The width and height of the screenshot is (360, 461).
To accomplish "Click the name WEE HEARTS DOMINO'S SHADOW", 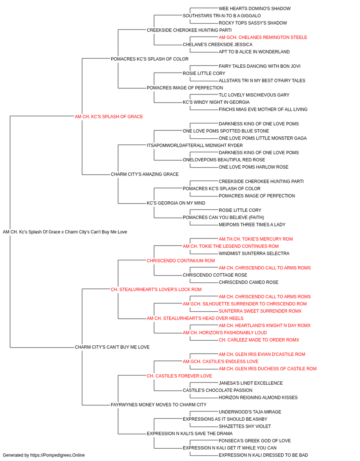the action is [254, 8].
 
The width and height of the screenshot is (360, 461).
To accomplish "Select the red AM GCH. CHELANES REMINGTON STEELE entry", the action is [263, 37].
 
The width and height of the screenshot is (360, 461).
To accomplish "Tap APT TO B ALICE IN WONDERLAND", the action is [254, 52].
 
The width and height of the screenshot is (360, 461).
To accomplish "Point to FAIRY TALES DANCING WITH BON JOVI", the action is [259, 66].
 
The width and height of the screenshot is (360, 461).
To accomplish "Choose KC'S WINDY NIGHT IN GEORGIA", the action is [216, 102].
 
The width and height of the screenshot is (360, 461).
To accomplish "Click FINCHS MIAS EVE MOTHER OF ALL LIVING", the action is [263, 109].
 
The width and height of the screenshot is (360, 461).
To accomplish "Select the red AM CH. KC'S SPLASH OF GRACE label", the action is [109, 117].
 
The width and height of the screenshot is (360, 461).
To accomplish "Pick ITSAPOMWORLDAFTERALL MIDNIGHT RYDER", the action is [195, 146].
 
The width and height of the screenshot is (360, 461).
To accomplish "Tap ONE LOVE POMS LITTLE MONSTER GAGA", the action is [263, 138].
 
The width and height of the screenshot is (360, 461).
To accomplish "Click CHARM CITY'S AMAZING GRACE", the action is [145, 174].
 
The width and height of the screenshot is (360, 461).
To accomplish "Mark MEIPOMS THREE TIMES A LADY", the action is [252, 225].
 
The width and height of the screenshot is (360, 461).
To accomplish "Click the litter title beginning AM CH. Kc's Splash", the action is [65, 232].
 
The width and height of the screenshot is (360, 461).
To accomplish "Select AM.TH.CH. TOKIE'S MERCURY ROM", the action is [256, 239].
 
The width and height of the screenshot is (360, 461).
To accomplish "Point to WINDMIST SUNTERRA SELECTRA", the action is [254, 254].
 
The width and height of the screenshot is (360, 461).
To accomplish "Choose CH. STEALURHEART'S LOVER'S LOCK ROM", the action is [156, 290].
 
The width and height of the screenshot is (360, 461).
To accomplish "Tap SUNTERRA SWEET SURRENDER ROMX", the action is [260, 311].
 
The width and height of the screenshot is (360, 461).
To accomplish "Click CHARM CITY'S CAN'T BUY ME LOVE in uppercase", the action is [112, 347].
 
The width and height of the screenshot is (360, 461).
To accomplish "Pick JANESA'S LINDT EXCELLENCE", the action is [251, 383].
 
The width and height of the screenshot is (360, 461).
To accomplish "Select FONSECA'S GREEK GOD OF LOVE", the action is [255, 441].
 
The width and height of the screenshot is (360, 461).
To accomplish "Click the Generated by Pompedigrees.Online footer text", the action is [44, 455].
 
